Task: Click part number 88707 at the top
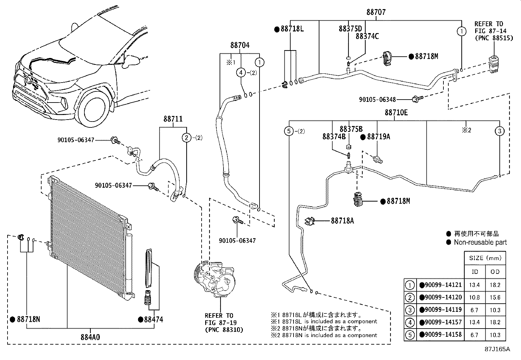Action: coord(376,12)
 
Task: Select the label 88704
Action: coord(240,45)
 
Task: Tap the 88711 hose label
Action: coord(173,119)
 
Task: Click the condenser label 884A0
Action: coord(90,337)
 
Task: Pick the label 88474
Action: coord(153,319)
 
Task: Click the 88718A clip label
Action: coord(342,221)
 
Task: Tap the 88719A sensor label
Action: coord(378,137)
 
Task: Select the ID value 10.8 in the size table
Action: coord(474,297)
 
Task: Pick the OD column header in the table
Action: coord(495,272)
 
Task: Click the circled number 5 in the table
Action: coord(410,335)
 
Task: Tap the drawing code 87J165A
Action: coord(497,349)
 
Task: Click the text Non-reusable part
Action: coord(480,242)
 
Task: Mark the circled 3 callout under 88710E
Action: coord(499,131)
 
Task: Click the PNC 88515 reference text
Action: coord(489,38)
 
